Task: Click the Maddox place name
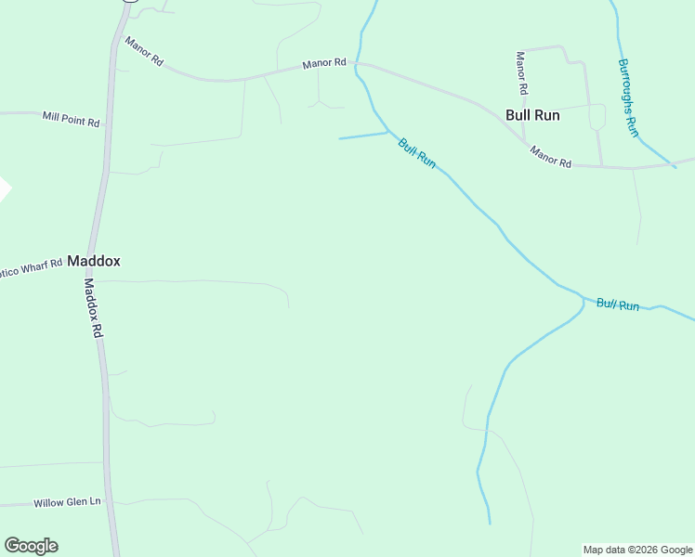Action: coord(93,262)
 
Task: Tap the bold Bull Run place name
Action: coord(532,115)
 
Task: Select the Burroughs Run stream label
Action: coord(628,97)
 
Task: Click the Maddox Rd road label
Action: coord(92,307)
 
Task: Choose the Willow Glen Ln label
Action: coord(67,502)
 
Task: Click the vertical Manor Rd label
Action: coord(521,72)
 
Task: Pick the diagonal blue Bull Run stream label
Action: coord(416,152)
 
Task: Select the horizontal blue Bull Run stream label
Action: coord(618,304)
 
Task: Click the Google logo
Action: coord(31,545)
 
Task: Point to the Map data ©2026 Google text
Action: coord(638,550)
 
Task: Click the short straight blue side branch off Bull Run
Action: coord(362,136)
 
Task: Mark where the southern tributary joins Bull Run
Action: coord(583,300)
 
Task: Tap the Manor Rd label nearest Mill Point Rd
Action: coord(144,51)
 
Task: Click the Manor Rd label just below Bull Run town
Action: coord(551,156)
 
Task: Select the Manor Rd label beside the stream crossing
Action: coord(324,64)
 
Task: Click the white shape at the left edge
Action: coord(4,188)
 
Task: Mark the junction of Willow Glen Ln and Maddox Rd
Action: coord(107,502)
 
